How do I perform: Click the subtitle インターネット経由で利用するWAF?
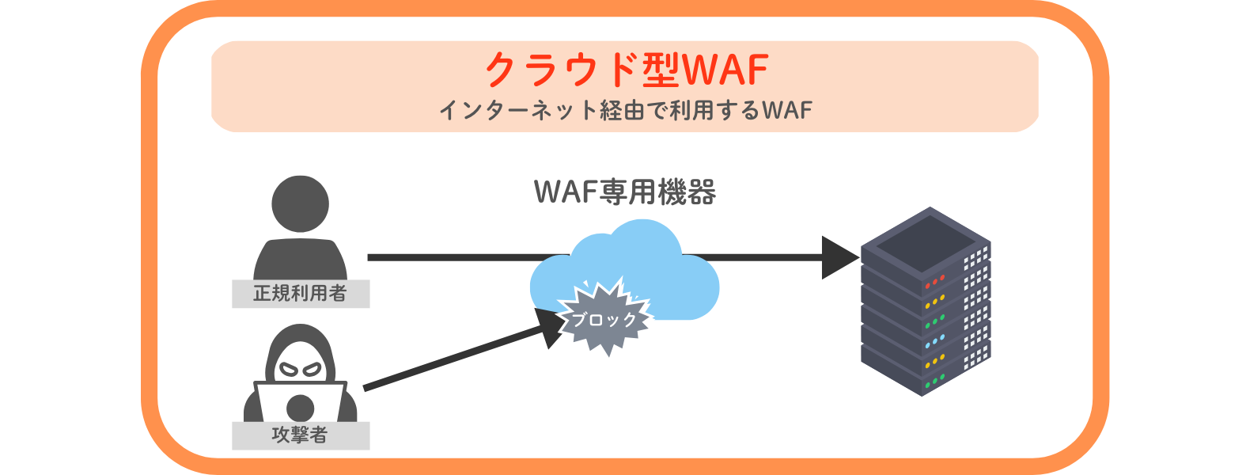tap(625, 110)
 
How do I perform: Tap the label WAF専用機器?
tap(625, 192)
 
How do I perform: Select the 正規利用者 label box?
tap(301, 294)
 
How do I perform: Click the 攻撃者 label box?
tap(301, 435)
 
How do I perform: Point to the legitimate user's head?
tap(300, 203)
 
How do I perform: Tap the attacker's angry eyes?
tap(300, 369)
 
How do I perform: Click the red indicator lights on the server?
tap(934, 281)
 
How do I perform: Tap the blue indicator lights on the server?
tap(934, 341)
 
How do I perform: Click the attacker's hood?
tap(300, 340)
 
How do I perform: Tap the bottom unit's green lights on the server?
tap(934, 381)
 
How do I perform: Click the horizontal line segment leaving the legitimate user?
tap(459, 257)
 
